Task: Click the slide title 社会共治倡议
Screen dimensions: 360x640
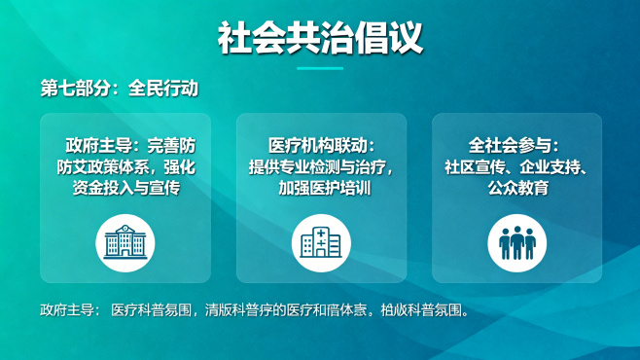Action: click(x=320, y=39)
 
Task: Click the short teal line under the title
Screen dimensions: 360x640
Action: click(x=320, y=68)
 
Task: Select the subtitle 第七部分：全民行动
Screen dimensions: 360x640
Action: click(x=120, y=89)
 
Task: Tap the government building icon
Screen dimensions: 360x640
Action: click(x=124, y=242)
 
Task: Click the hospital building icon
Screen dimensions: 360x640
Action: click(x=321, y=242)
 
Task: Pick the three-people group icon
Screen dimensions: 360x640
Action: click(x=516, y=242)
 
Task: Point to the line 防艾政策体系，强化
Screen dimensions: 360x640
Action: click(x=125, y=166)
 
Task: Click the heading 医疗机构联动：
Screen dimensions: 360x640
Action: click(x=321, y=145)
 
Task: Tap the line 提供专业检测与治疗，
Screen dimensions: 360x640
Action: click(x=321, y=166)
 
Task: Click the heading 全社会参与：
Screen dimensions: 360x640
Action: click(x=516, y=145)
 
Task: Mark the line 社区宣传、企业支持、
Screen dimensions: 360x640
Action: click(x=516, y=166)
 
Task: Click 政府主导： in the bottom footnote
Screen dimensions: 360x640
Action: click(x=69, y=311)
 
